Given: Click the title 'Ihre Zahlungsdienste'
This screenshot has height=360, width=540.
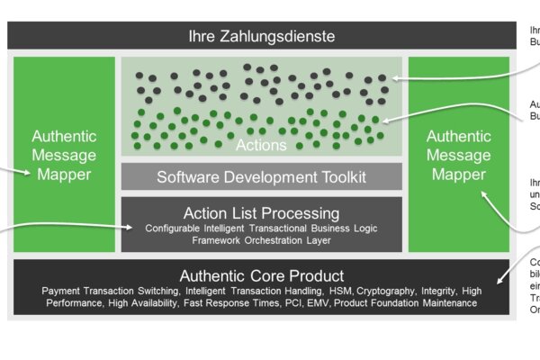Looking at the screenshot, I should [x=261, y=37].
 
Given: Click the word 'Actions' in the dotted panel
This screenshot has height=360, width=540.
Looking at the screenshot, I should [x=261, y=145].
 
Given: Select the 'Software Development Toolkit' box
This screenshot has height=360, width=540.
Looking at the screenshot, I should [x=261, y=176].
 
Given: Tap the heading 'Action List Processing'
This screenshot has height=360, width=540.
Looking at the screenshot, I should [x=261, y=213].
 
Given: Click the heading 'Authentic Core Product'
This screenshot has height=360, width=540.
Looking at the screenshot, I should [x=261, y=275].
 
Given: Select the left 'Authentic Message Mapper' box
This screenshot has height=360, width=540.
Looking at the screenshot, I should [x=64, y=155].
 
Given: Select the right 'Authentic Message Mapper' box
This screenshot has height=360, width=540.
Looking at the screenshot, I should [x=458, y=155].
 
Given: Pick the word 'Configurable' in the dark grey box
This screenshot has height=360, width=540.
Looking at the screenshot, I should [x=173, y=229].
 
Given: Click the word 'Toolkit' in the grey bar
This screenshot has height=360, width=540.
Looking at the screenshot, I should [x=337, y=176].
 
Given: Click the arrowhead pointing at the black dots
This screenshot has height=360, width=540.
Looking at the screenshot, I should [x=396, y=79].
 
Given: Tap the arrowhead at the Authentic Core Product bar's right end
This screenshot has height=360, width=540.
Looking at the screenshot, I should [x=504, y=280].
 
